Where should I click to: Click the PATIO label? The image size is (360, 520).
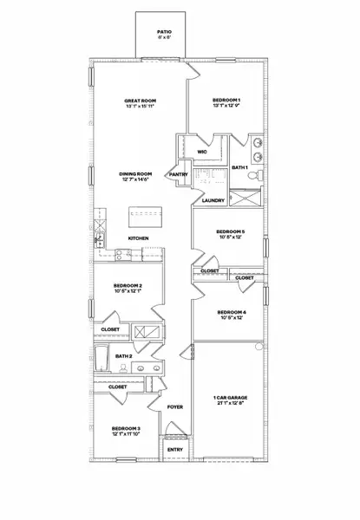click(161, 30)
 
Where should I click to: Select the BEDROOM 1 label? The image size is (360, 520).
click(226, 101)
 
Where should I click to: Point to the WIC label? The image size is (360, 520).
click(202, 152)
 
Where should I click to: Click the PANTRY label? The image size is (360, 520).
click(180, 174)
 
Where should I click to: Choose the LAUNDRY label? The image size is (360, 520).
click(213, 201)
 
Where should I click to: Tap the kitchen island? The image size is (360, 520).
click(140, 212)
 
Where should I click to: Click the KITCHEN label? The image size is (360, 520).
click(139, 238)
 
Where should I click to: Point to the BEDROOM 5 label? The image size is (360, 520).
click(230, 231)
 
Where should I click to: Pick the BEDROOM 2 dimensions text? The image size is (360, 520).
click(128, 291)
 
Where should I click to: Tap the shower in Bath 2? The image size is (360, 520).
click(141, 331)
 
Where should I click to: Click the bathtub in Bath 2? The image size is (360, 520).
click(101, 356)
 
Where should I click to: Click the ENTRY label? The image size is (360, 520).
click(175, 450)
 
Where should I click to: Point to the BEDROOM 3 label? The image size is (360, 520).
click(126, 429)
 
